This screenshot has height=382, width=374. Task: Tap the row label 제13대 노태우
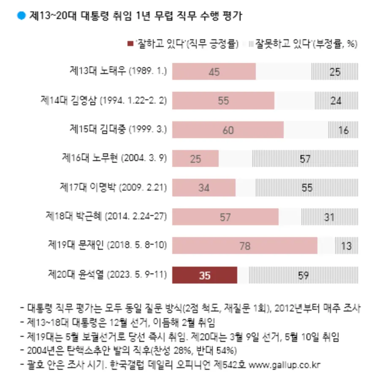(x=118, y=71)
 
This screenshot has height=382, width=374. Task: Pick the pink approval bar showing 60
(x=228, y=130)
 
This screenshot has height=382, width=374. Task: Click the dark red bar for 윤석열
(x=205, y=276)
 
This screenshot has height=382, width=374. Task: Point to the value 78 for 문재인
(x=245, y=246)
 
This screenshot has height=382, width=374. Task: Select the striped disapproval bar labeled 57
(x=305, y=159)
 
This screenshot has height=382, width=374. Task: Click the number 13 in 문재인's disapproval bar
(x=346, y=246)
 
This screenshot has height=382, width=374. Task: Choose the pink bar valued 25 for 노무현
(x=195, y=159)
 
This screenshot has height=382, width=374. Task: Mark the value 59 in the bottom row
(x=303, y=276)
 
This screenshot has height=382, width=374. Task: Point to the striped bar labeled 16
(x=343, y=130)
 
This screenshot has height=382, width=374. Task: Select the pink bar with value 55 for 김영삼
(x=223, y=101)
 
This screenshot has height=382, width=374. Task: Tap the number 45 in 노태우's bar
(x=214, y=72)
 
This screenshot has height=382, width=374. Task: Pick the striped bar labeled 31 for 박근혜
(x=329, y=217)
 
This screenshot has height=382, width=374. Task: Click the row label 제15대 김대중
(x=118, y=129)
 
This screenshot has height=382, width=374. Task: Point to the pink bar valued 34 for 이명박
(x=204, y=188)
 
